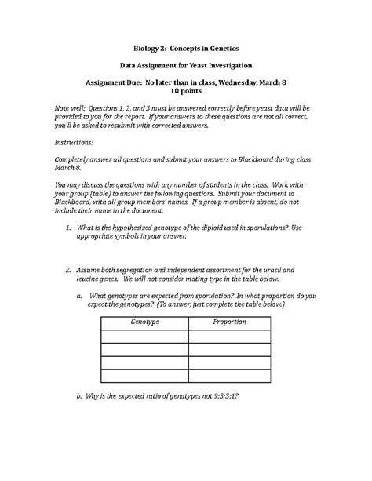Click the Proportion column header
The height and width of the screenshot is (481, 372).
tap(229, 322)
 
